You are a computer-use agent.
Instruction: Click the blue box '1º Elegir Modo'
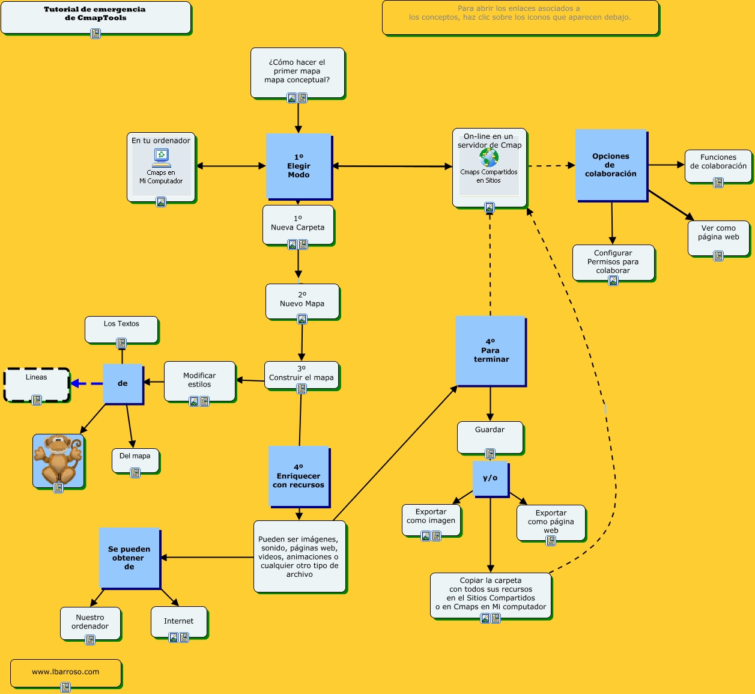coord(299,166)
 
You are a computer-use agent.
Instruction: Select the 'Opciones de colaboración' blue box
coord(611,165)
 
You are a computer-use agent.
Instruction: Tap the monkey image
coord(58,460)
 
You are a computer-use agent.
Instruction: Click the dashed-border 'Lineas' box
coord(37,383)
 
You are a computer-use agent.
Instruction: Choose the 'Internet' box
coord(179,621)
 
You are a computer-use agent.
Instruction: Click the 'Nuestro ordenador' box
coord(90,622)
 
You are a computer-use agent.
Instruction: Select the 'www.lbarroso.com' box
coord(65,672)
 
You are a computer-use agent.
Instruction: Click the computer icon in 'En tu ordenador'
coord(161,157)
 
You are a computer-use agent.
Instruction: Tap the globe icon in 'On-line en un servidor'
coord(489,158)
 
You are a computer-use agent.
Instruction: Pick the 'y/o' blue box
coord(490,478)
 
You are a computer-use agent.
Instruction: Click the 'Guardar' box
coord(490,437)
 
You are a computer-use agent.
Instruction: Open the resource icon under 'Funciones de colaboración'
coord(718,183)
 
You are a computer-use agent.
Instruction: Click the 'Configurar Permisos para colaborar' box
coord(613,262)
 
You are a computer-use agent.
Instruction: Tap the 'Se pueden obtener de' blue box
coord(129,558)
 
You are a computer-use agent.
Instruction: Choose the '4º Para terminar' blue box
coord(491,351)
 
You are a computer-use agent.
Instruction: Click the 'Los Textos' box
coord(121,328)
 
